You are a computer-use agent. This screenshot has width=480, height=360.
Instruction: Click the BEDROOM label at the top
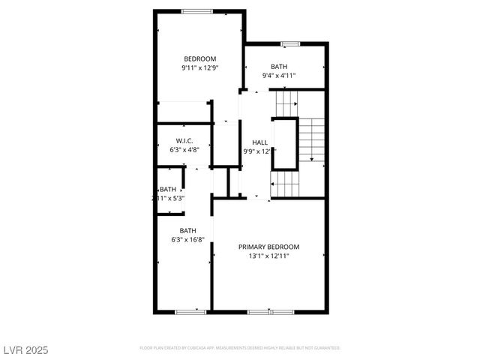(200, 59)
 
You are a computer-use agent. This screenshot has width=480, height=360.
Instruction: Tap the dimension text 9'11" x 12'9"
(200, 68)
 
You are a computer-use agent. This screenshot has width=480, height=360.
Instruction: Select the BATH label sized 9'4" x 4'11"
(279, 67)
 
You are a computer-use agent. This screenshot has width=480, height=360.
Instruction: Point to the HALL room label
(259, 142)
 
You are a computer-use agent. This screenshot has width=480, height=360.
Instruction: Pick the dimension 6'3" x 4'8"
(184, 151)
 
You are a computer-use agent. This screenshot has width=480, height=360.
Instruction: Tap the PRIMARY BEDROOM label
(268, 247)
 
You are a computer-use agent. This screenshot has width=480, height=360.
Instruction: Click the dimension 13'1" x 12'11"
(268, 256)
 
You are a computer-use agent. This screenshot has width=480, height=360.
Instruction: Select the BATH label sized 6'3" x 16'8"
(187, 230)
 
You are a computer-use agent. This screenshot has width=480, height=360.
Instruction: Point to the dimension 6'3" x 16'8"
(187, 239)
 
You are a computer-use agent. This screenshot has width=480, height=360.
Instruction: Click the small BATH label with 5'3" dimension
(168, 189)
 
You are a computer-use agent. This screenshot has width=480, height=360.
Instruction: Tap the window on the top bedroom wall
(197, 10)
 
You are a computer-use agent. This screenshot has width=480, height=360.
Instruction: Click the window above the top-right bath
(290, 43)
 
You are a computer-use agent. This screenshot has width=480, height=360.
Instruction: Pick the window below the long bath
(190, 310)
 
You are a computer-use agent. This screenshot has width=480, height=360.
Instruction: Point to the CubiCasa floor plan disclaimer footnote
(240, 348)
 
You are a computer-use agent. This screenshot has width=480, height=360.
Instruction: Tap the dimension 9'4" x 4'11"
(279, 76)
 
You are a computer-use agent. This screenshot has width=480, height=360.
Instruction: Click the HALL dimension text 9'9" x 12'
(256, 151)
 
